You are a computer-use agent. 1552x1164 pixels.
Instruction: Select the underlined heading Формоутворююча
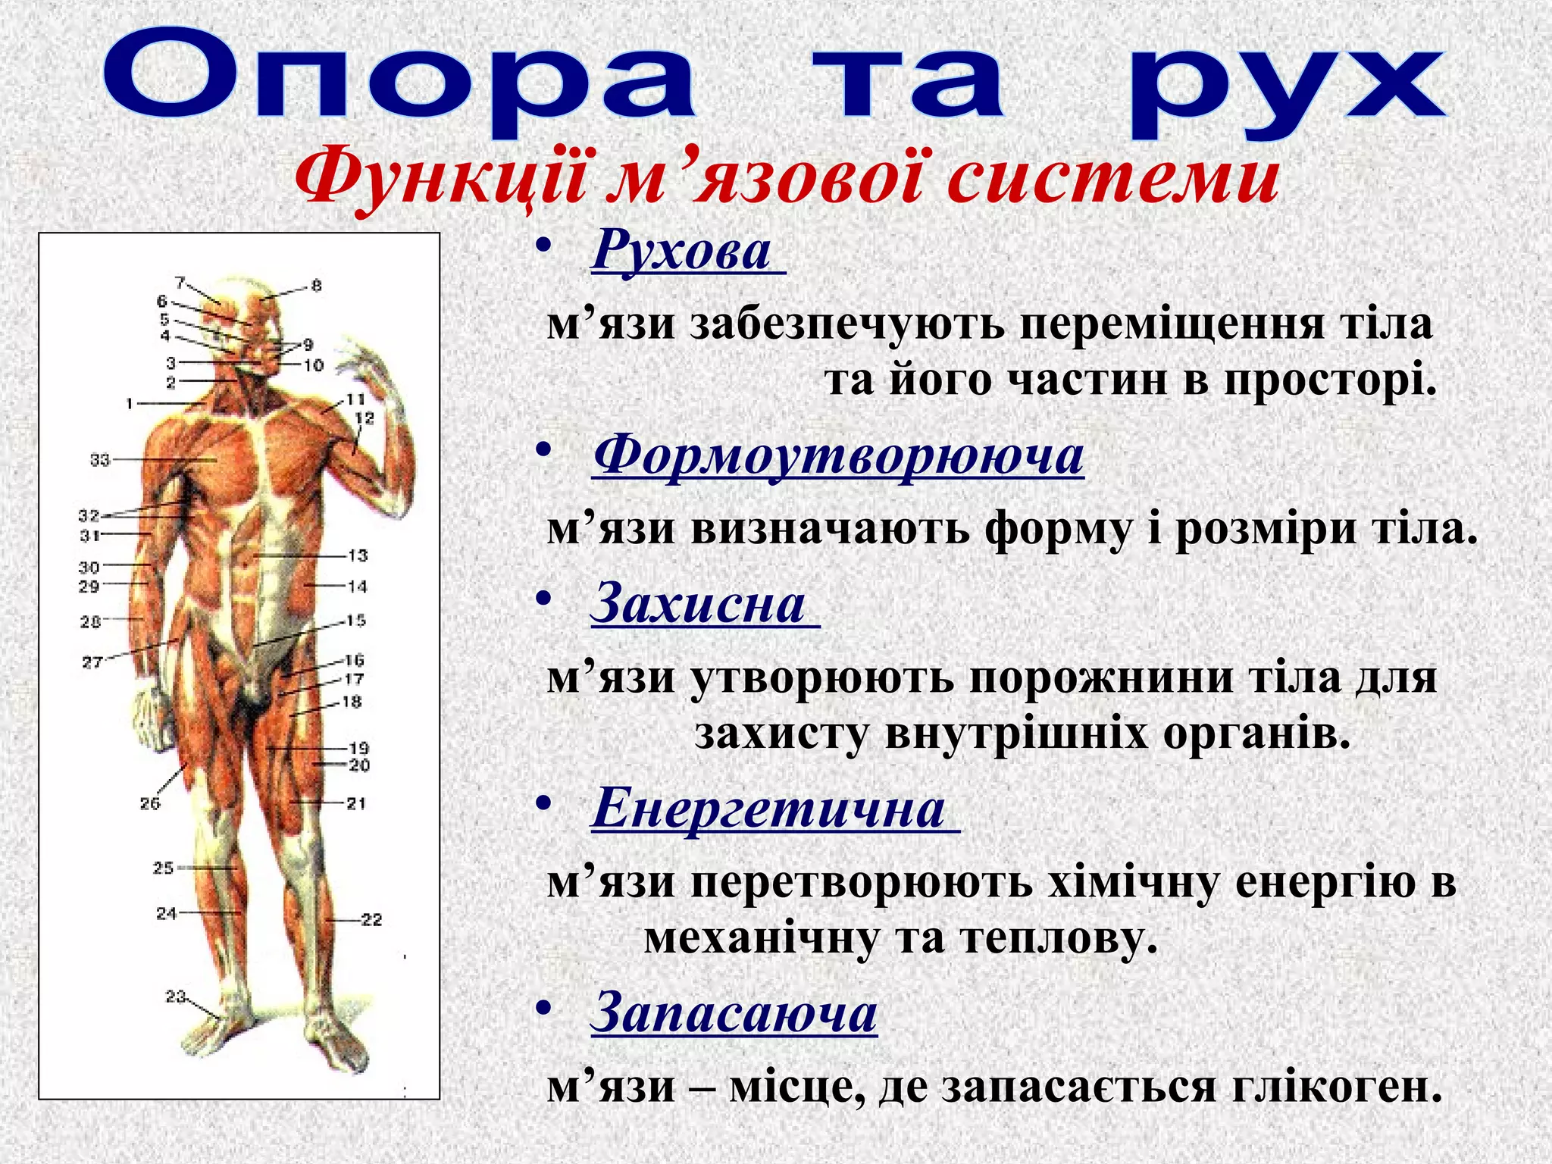[x=838, y=455]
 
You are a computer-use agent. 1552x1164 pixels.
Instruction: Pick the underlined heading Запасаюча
[x=734, y=1012]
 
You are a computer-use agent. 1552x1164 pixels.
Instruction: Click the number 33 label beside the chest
[x=100, y=460]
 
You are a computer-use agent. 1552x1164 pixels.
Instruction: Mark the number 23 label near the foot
[x=176, y=997]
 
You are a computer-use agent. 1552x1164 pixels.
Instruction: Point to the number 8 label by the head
[x=317, y=286]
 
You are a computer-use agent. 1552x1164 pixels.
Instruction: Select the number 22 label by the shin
[x=371, y=920]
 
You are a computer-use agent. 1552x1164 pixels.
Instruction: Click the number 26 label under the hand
[x=150, y=803]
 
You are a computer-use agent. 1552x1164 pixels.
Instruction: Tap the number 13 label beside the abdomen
[x=358, y=555]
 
